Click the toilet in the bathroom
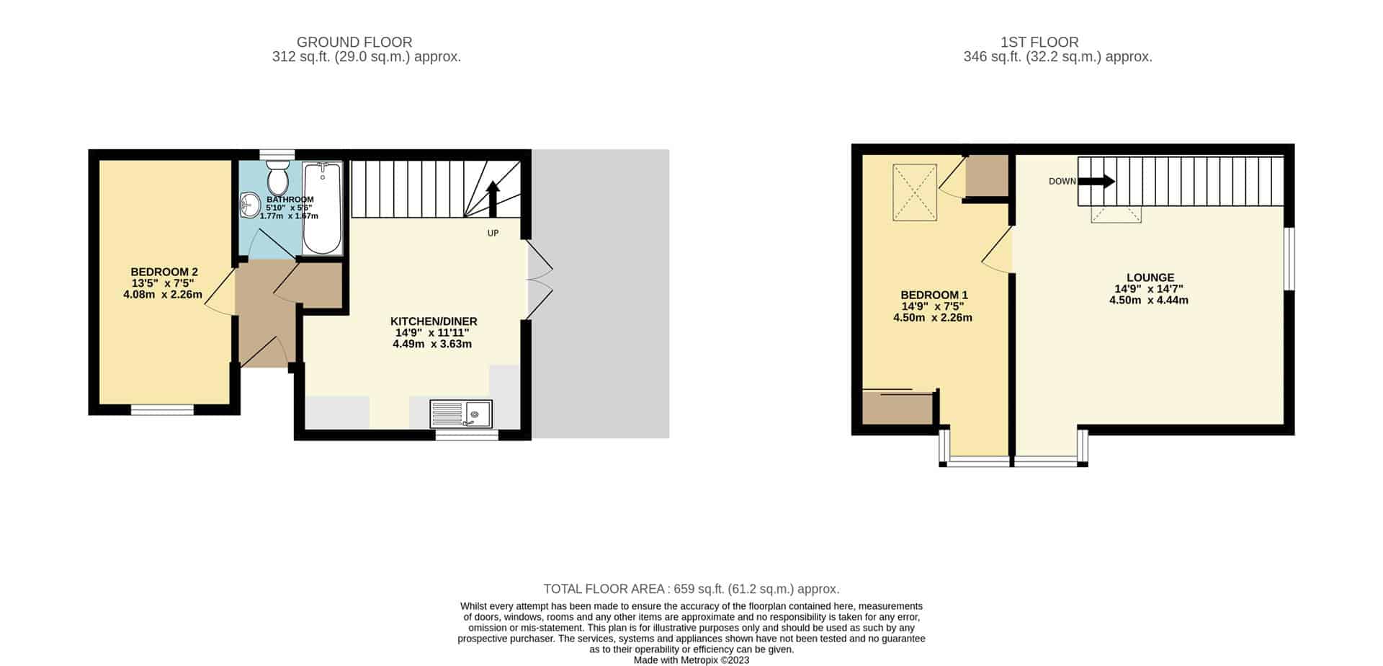coord(277,177)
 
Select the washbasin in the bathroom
coord(250,205)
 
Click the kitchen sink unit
coord(461,414)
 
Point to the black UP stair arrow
coord(493,199)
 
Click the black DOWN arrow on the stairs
coord(1096,182)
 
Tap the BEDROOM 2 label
coord(164,272)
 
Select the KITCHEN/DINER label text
coord(434,321)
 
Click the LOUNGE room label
coord(1150,277)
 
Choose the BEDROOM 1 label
coord(934,295)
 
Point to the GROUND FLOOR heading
coord(354,43)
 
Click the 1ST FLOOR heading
coord(1039,43)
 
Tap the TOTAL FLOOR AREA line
coord(691,589)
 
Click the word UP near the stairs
coord(493,234)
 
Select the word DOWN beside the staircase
coord(1062,182)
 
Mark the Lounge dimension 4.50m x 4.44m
coord(1149,300)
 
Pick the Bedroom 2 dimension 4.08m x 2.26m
coord(163,294)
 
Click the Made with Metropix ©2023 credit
coord(691,660)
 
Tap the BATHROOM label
coord(290,200)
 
